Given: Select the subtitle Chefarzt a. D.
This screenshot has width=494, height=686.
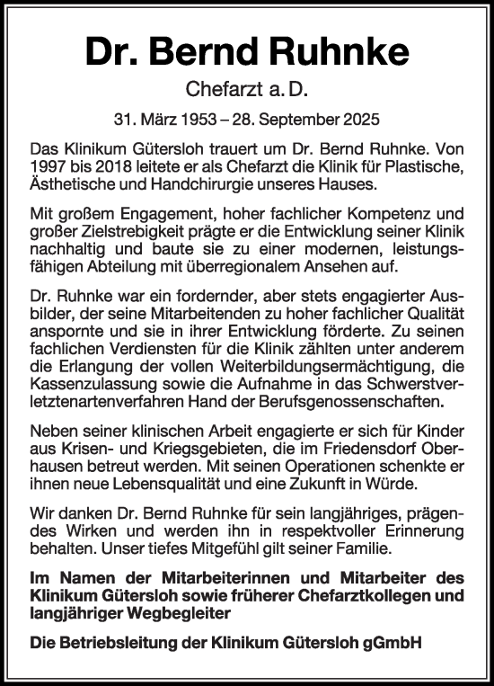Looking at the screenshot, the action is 246,89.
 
